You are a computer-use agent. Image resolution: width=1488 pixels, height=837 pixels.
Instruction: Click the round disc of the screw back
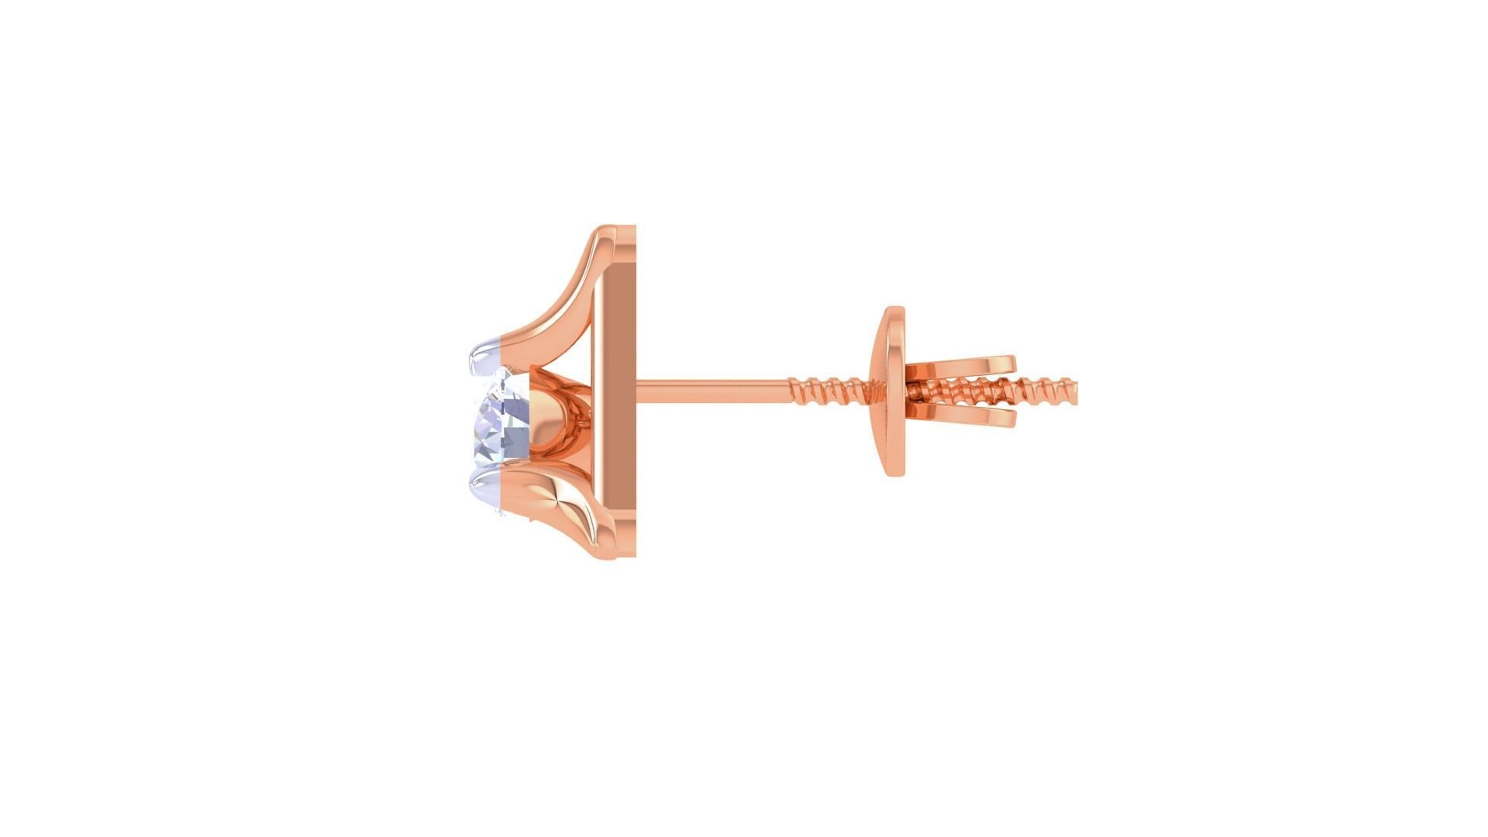(891, 391)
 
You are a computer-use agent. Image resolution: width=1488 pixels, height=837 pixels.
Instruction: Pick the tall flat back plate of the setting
(616, 391)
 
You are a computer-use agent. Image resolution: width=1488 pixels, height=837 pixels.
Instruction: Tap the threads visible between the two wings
(961, 391)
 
